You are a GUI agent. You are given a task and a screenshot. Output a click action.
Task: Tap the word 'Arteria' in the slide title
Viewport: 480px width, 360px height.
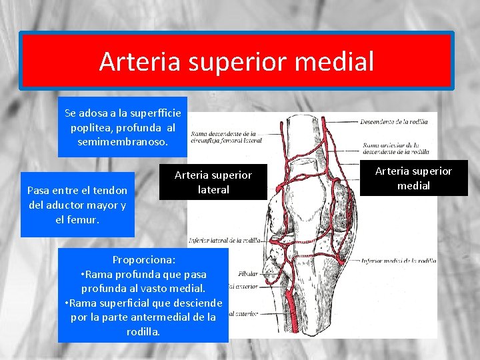point(139,62)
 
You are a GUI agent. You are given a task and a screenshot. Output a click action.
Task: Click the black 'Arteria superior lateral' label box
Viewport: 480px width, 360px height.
point(213,182)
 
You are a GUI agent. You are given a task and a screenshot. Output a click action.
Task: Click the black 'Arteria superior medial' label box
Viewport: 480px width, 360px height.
point(413,178)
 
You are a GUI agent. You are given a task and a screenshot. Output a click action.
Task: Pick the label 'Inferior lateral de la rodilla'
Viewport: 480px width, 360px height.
point(225,240)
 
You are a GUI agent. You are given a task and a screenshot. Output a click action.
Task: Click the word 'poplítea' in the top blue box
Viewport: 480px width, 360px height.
point(91,128)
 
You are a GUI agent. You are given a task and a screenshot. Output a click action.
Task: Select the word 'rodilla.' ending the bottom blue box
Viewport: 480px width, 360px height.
point(143,331)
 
